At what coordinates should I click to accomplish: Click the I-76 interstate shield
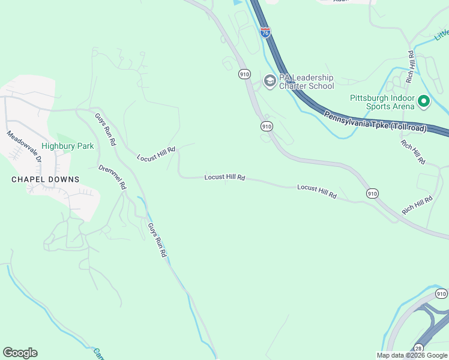click(x=265, y=32)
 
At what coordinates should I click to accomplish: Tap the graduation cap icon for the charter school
click(x=270, y=81)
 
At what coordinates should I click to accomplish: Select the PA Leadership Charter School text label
click(x=306, y=82)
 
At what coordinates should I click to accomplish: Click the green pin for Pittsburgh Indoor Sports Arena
click(x=424, y=101)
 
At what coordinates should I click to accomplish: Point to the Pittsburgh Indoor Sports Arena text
click(x=382, y=102)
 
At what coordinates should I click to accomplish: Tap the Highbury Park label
click(x=76, y=146)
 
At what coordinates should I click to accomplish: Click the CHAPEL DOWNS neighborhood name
click(x=46, y=179)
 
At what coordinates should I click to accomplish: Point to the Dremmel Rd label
click(x=113, y=177)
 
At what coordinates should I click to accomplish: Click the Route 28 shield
click(x=418, y=349)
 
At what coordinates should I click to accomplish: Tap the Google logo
click(x=20, y=353)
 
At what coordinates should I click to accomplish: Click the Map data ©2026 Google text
click(x=412, y=355)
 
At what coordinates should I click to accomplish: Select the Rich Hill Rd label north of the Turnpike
click(x=411, y=66)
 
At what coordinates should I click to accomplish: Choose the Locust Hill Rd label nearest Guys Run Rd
click(x=156, y=154)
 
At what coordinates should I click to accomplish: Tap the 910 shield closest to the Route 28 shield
click(x=441, y=294)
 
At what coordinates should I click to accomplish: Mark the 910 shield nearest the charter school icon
click(x=244, y=74)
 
